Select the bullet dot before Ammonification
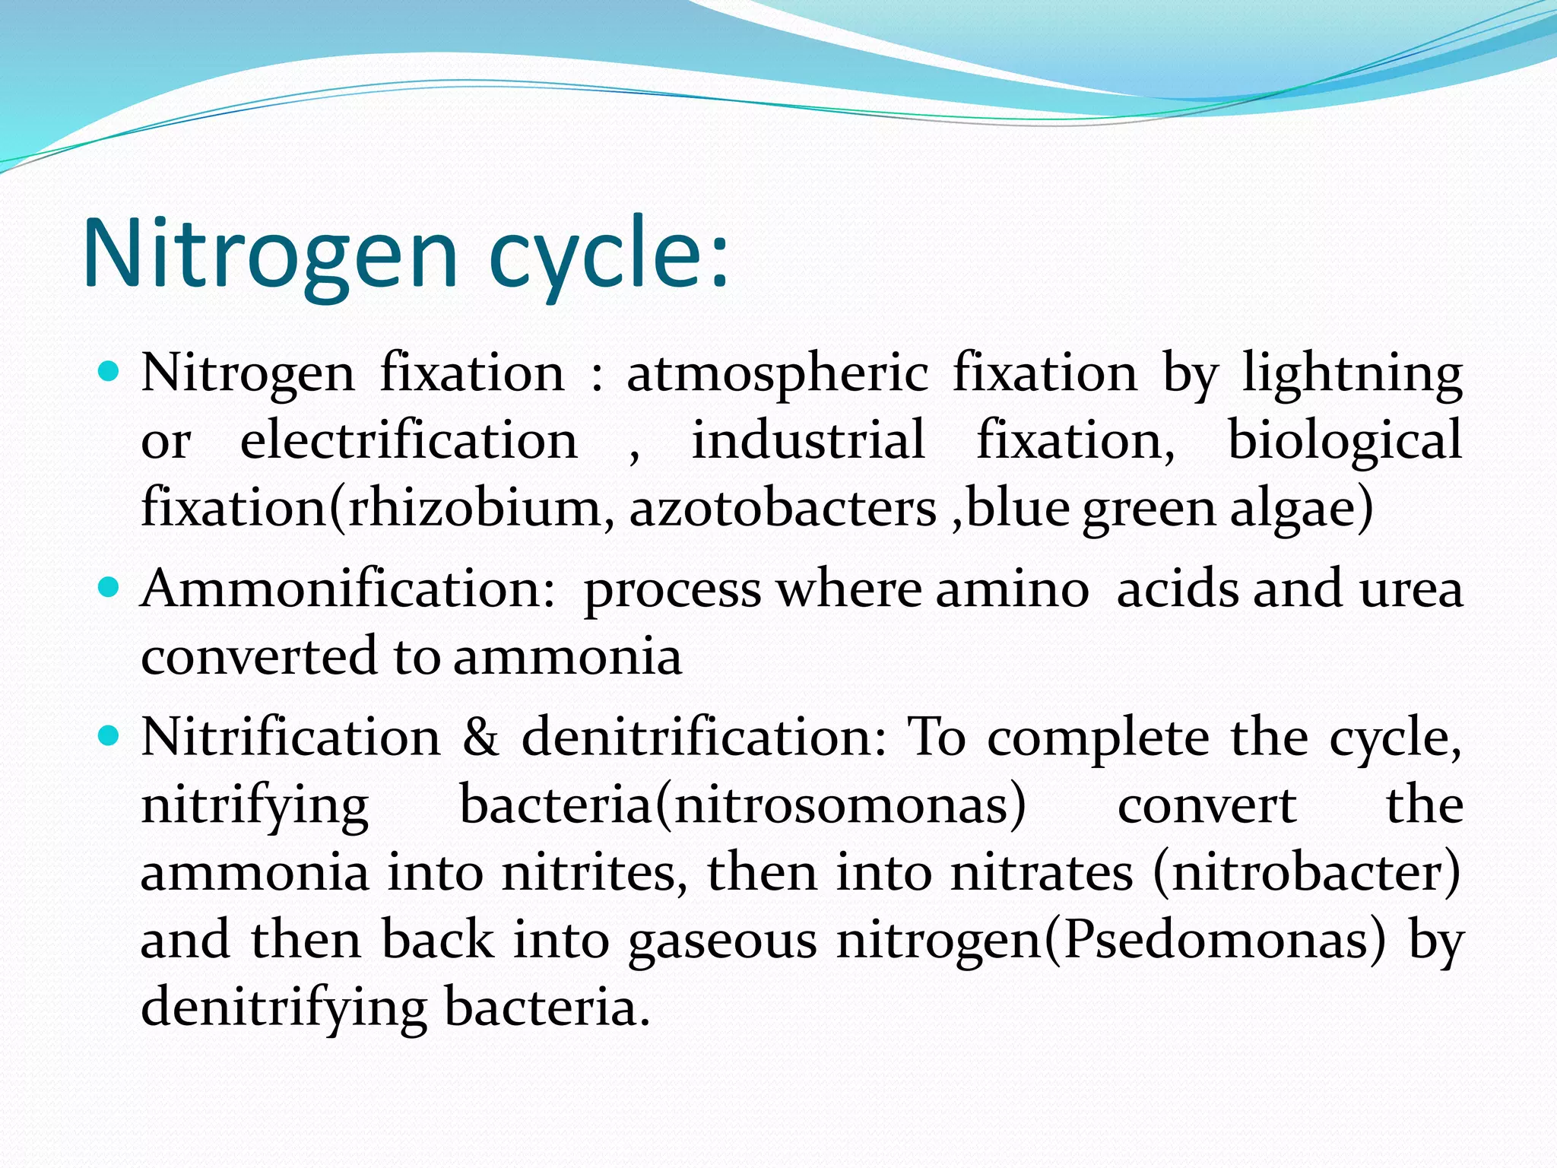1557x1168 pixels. pyautogui.click(x=110, y=588)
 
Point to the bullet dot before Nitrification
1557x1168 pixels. pyautogui.click(x=110, y=736)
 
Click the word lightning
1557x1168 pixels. pyautogui.click(x=1352, y=374)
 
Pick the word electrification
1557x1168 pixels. pyautogui.click(x=409, y=441)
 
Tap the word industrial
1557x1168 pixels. pyautogui.click(x=808, y=441)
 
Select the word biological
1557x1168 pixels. pyautogui.click(x=1345, y=441)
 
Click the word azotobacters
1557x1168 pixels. pyautogui.click(x=783, y=508)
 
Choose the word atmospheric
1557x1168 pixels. pyautogui.click(x=777, y=374)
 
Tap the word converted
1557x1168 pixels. pyautogui.click(x=259, y=656)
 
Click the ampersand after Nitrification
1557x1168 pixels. pyautogui.click(x=480, y=738)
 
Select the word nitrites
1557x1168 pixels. pyautogui.click(x=589, y=872)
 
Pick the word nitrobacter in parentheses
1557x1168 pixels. pyautogui.click(x=1306, y=872)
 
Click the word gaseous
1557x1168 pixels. pyautogui.click(x=722, y=941)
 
